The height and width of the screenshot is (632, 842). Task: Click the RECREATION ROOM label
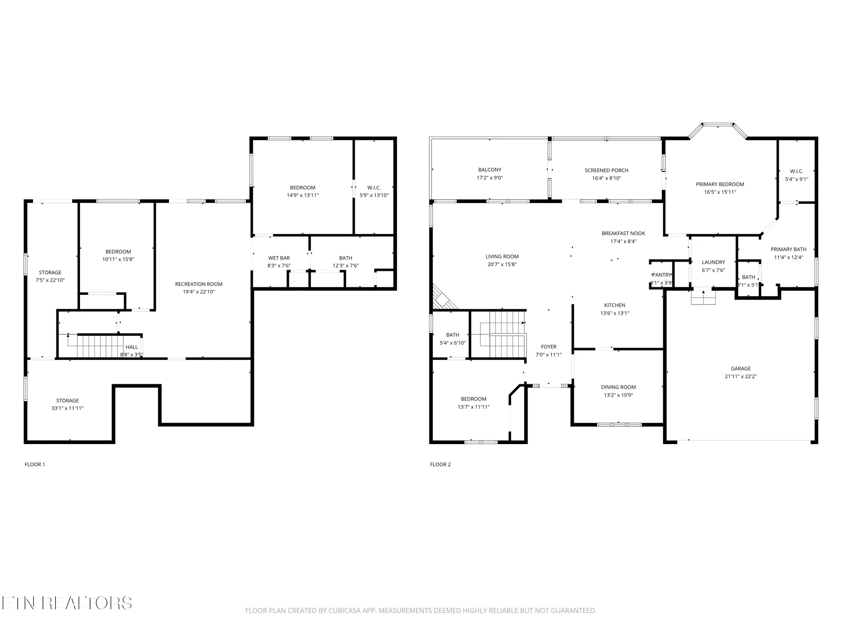coord(199,284)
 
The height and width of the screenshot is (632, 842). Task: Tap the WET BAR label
coord(279,258)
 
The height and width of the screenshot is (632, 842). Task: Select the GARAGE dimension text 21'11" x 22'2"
coord(741,376)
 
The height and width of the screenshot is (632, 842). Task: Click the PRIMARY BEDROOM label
coord(720,184)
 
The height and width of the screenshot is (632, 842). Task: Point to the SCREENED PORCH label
coord(606,170)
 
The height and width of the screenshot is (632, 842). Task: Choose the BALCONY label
coord(490,170)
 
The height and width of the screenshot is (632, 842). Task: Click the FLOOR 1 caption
coord(35,464)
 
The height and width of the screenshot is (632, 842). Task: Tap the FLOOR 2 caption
coord(440,464)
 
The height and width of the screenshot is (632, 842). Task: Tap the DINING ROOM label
coord(618,387)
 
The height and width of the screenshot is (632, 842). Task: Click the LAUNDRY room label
coord(713,262)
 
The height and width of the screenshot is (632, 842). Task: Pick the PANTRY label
coord(661,275)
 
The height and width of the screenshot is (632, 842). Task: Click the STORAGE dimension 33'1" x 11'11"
coord(67,408)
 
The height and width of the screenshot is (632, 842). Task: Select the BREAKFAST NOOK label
coord(623,233)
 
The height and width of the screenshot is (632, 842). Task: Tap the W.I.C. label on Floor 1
coord(374,187)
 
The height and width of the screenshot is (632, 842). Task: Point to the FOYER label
coord(549,347)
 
